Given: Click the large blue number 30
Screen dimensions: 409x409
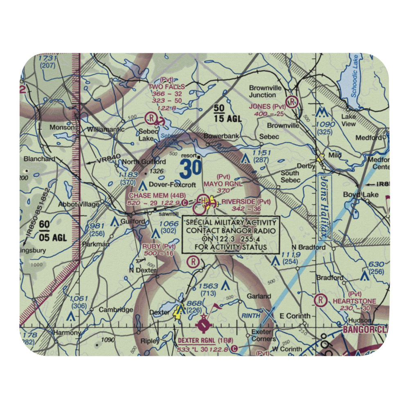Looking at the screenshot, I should [190, 168].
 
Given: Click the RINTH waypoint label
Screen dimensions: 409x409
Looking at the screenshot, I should [251, 315].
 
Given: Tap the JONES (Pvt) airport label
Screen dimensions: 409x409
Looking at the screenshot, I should [267, 106].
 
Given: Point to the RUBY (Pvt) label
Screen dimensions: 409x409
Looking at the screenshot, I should [159, 247].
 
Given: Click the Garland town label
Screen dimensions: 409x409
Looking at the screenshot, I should [258, 296].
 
